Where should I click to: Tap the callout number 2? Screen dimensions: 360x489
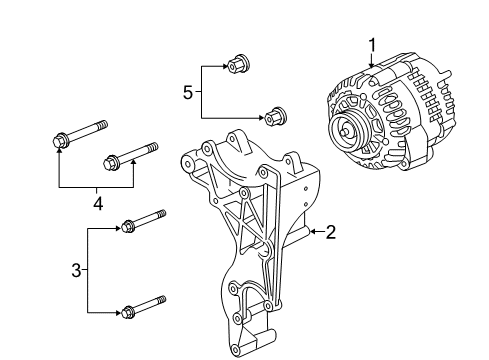click(331, 232)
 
